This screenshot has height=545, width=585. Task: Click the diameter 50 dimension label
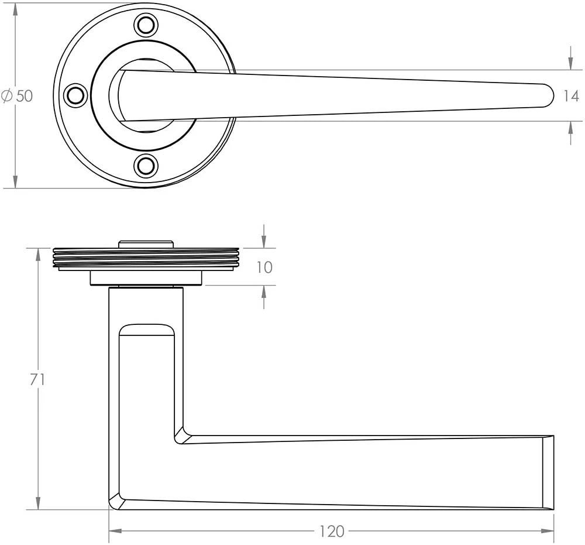pyautogui.click(x=18, y=96)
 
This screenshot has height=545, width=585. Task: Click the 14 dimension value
pyautogui.click(x=571, y=96)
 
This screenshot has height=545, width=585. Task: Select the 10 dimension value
pyautogui.click(x=264, y=267)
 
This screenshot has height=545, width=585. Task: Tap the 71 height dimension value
pyautogui.click(x=37, y=379)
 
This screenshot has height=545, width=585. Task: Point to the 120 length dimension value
pyautogui.click(x=332, y=532)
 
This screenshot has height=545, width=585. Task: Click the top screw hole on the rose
pyautogui.click(x=146, y=26)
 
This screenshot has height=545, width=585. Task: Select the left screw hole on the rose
pyautogui.click(x=75, y=95)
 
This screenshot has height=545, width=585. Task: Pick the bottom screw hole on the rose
pyautogui.click(x=146, y=166)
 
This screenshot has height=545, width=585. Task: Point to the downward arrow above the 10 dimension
pyautogui.click(x=264, y=241)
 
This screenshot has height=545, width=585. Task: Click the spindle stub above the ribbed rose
pyautogui.click(x=146, y=244)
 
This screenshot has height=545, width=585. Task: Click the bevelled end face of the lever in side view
pyautogui.click(x=548, y=472)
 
